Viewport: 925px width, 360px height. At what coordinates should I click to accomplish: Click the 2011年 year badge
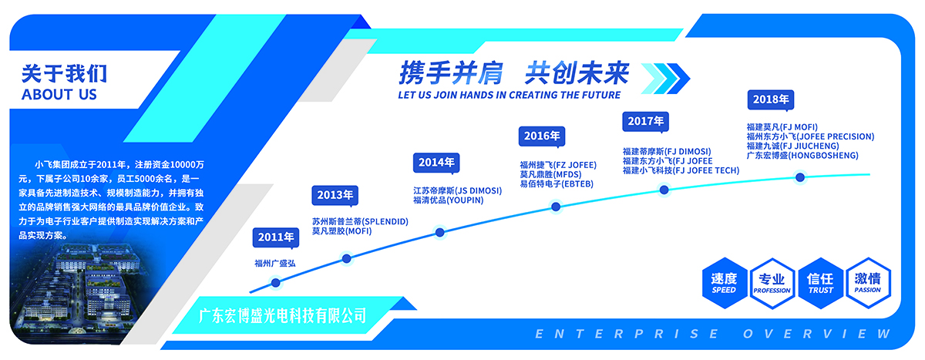coord(276,237)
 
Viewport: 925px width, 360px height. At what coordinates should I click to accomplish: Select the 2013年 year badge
coord(335,195)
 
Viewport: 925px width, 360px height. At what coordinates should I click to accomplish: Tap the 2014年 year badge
coord(436,163)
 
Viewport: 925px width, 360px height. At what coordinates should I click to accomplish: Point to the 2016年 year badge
coord(542,136)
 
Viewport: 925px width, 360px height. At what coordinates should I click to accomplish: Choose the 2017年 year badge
coord(645,121)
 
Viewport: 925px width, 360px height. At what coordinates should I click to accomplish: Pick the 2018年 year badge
coord(771,100)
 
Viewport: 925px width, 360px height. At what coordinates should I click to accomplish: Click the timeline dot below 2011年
coord(276,283)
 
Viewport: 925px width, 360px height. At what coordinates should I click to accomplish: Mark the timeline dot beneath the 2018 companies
coord(800,177)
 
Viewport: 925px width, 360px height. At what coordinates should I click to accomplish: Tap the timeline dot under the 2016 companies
coord(556,207)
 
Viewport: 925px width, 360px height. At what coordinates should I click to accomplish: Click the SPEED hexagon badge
coord(725,283)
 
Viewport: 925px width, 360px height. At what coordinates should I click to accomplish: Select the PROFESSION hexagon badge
coord(772,283)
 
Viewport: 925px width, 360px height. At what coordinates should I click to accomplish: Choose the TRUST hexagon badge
coord(820,283)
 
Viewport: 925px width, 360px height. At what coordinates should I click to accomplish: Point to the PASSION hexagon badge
coord(868,283)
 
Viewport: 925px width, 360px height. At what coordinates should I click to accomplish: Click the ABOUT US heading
coord(59,95)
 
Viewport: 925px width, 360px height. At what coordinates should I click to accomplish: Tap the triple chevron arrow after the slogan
coord(665,79)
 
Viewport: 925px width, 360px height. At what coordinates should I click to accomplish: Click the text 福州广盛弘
coord(275,264)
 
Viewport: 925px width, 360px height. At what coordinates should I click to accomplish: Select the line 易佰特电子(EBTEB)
coord(557,184)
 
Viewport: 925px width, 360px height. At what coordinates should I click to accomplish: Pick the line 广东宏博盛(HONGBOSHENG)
coord(802,156)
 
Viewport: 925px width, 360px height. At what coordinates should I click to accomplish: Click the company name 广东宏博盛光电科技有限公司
coord(282,316)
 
